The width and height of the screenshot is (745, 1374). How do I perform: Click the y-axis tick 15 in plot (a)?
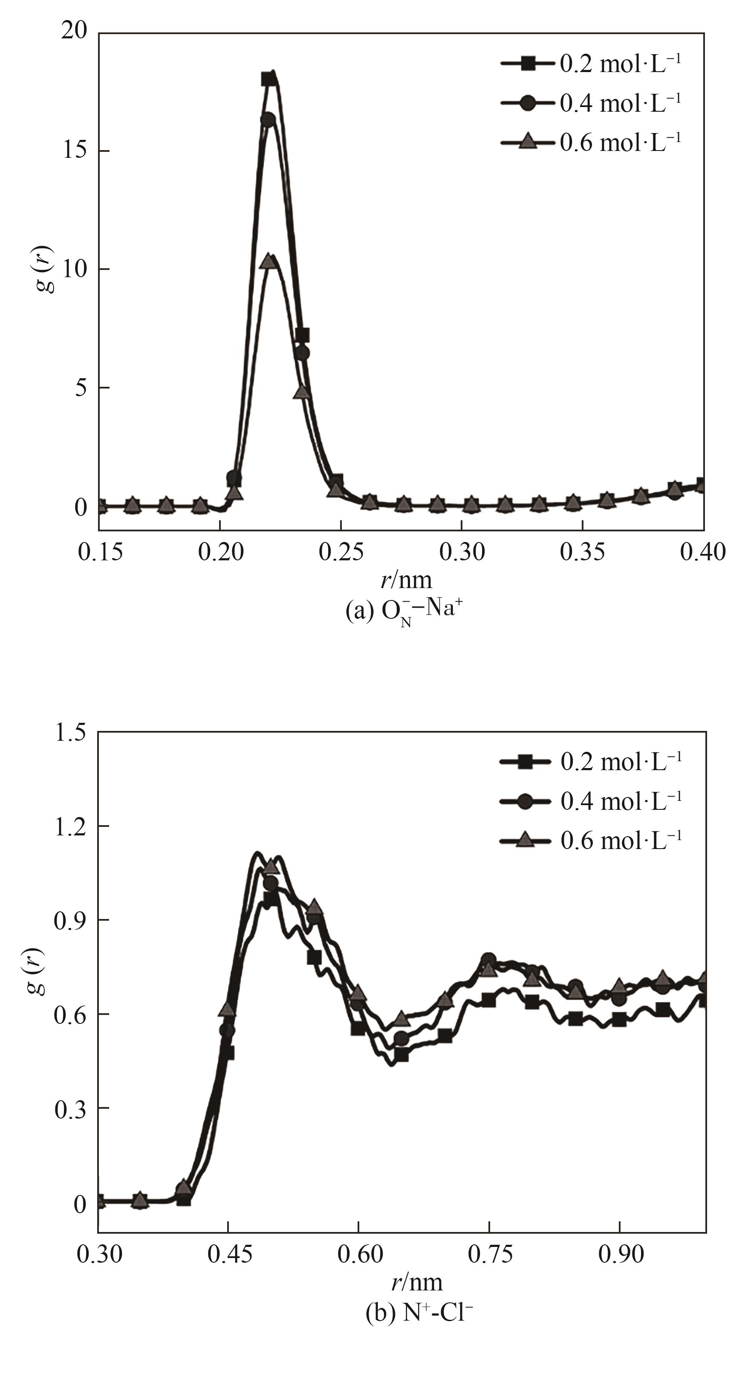click(74, 151)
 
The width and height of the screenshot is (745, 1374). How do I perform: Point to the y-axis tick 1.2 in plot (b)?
click(70, 826)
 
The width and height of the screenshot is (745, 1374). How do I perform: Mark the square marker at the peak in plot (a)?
click(269, 79)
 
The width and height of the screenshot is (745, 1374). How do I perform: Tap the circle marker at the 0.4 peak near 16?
click(268, 119)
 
